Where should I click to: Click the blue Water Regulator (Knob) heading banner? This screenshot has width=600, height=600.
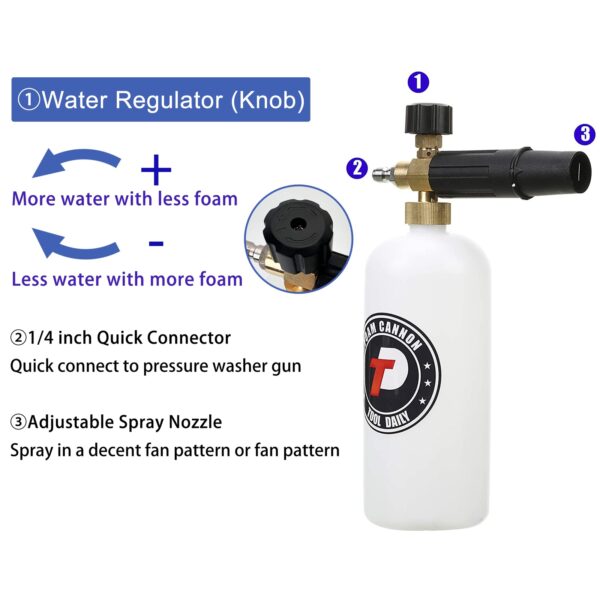coord(159,101)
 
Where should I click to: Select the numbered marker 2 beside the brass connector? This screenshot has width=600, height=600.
coord(355,167)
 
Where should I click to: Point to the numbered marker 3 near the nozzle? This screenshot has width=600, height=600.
coord(584,134)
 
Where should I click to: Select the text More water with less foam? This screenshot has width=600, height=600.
coord(125,198)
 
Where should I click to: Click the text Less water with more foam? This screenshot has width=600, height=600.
coord(127,278)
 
